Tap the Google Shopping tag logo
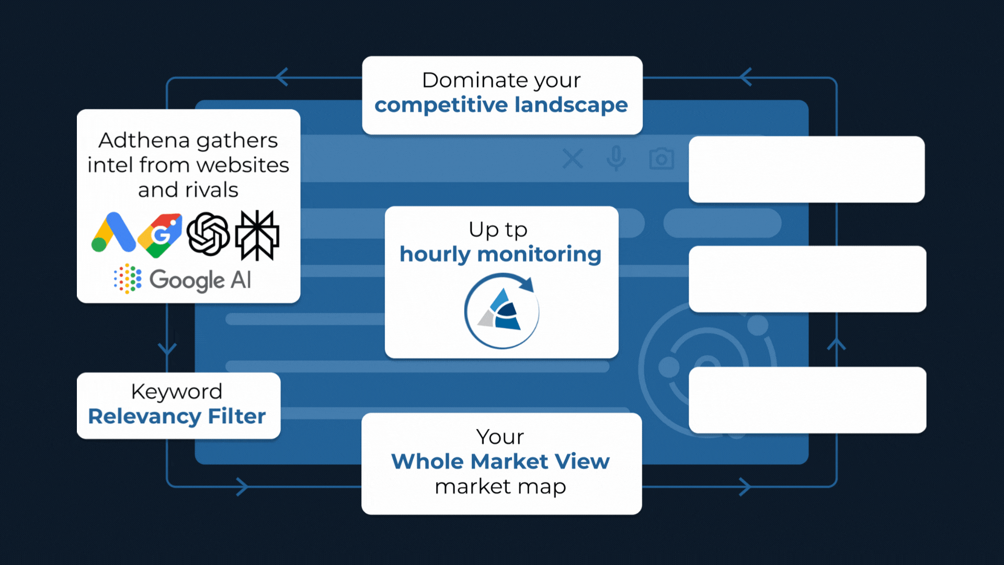click(x=160, y=235)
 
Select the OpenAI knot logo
click(x=208, y=234)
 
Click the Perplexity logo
click(x=257, y=235)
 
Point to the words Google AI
click(x=200, y=280)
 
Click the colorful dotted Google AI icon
click(x=128, y=279)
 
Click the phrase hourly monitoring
click(x=500, y=255)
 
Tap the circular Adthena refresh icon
click(x=501, y=311)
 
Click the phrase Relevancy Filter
click(x=177, y=417)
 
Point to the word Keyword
click(x=177, y=391)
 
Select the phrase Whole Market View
click(x=500, y=461)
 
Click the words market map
click(x=500, y=487)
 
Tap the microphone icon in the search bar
click(x=616, y=158)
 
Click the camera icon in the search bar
click(x=661, y=159)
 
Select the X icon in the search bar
click(x=573, y=159)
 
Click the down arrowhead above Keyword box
click(x=167, y=349)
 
